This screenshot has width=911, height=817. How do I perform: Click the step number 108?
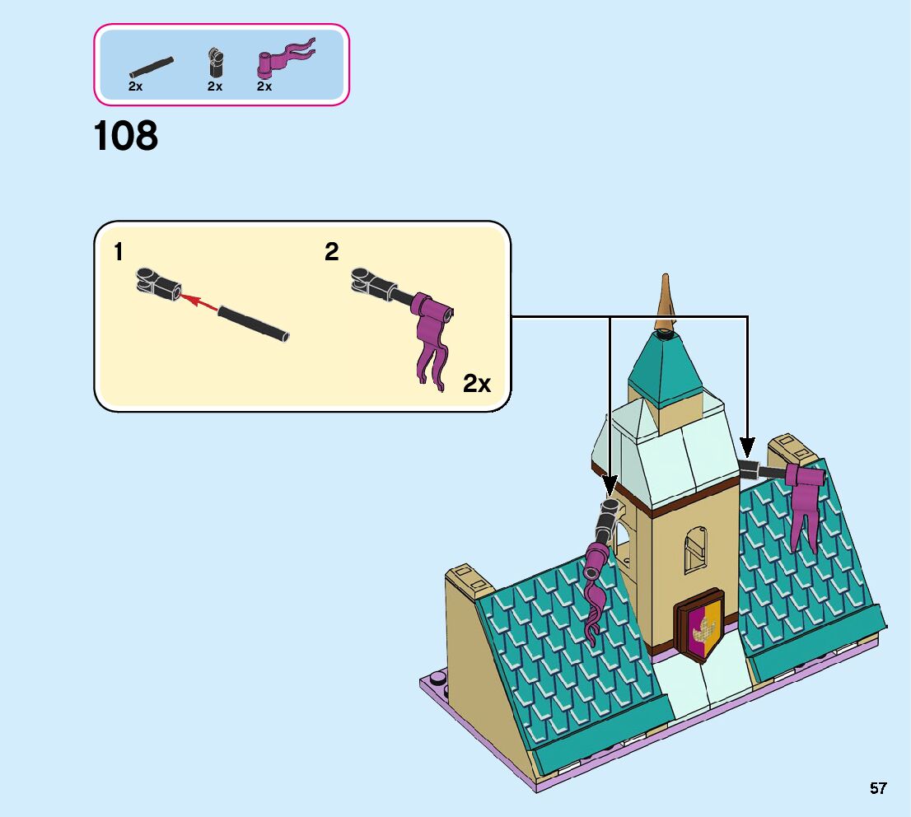pos(125,136)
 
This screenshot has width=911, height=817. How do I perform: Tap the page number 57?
pos(878,788)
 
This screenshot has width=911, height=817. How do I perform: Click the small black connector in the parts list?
pos(215,63)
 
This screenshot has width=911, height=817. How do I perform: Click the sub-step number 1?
pos(119,253)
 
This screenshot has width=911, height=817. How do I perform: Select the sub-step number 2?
pos(331,252)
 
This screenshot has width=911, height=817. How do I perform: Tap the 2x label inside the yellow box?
pos(477,383)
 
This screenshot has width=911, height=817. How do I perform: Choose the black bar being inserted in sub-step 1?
pos(254,323)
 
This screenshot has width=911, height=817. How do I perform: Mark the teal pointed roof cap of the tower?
pos(666,371)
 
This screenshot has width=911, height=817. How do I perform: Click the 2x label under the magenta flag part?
pos(264,86)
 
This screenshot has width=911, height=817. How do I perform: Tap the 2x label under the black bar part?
pos(136,86)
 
